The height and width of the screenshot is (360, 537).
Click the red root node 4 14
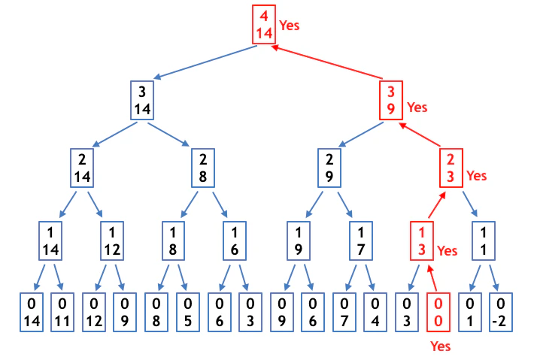pyautogui.click(x=264, y=25)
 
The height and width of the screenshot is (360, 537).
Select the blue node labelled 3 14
pyautogui.click(x=142, y=100)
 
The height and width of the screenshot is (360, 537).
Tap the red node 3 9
pyautogui.click(x=391, y=100)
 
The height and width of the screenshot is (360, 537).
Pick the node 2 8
pyautogui.click(x=203, y=168)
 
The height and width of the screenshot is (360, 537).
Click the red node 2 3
pyautogui.click(x=451, y=168)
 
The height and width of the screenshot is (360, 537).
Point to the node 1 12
pyautogui.click(x=112, y=241)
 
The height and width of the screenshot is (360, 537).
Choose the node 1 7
pyautogui.click(x=360, y=241)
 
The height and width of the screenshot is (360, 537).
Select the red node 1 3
pyautogui.click(x=422, y=241)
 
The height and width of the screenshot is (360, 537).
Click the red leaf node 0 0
pyautogui.click(x=438, y=312)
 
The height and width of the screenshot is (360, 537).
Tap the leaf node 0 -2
pyautogui.click(x=501, y=312)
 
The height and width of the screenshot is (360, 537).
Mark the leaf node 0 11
pyautogui.click(x=62, y=312)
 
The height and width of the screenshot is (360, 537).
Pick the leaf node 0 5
pyautogui.click(x=188, y=312)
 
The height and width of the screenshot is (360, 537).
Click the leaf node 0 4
pyautogui.click(x=375, y=312)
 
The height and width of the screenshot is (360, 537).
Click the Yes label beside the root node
pyautogui.click(x=290, y=26)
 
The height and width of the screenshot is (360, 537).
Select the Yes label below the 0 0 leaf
pyautogui.click(x=441, y=346)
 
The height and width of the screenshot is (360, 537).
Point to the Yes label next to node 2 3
pyautogui.click(x=477, y=176)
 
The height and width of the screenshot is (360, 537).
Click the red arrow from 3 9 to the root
pyautogui.click(x=326, y=62)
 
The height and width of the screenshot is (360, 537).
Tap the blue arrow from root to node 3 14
pyautogui.click(x=205, y=62)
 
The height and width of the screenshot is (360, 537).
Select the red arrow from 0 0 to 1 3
pyautogui.click(x=432, y=279)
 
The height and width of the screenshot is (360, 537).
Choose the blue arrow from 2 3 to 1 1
pyautogui.click(x=470, y=204)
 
